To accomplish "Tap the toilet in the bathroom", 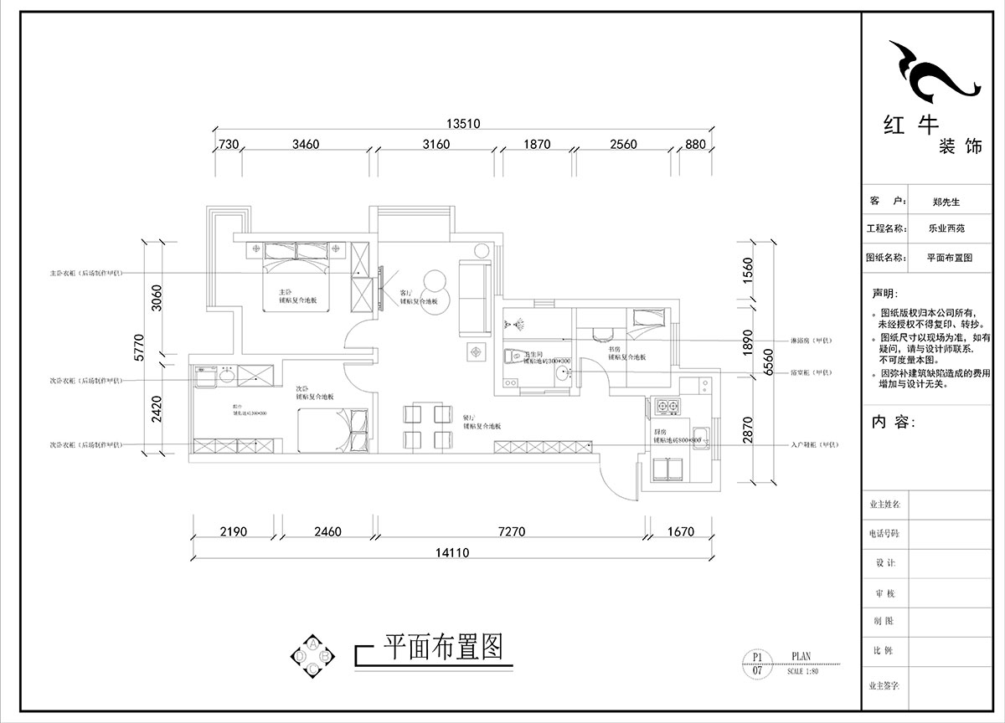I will [513, 357].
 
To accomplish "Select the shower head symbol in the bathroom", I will [517, 321].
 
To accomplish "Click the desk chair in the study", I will [600, 334].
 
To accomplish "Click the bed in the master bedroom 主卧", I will [297, 277].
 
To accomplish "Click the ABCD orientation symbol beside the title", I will [312, 656].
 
